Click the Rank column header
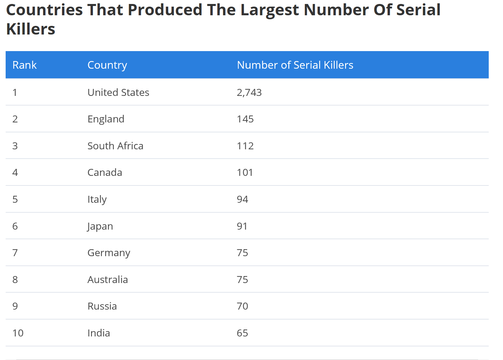coord(25,65)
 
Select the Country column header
coord(107,65)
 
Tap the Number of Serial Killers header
coord(295,65)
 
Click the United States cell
coord(118,92)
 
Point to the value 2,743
coord(249,92)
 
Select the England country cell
coord(106,119)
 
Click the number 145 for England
coord(245,119)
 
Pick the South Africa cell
coord(115,146)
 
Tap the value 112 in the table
coord(245,146)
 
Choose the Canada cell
coord(105,173)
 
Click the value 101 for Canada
coord(245,173)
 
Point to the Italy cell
coord(97,199)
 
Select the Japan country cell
coord(100,226)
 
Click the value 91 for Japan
coord(242,226)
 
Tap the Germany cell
coord(109,253)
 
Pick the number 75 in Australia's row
coord(242,280)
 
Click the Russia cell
coord(102,306)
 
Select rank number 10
coord(18,333)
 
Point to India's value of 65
coord(242,333)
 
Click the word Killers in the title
coord(31,29)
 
